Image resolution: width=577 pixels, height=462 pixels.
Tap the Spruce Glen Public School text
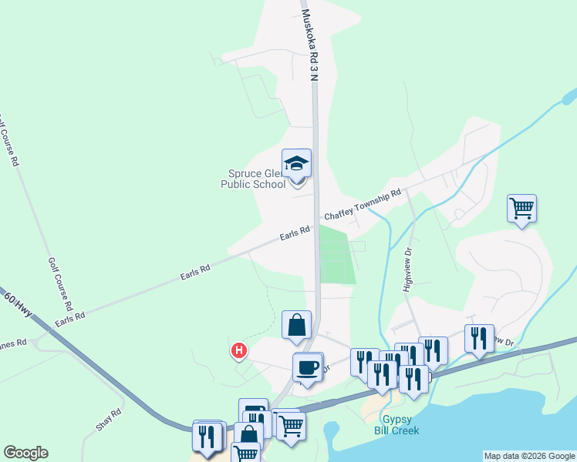point(253,179)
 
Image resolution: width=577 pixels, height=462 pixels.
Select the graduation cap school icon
point(296,165)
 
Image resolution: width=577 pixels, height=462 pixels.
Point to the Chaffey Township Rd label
point(363,204)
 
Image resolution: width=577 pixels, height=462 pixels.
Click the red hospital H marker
point(239,351)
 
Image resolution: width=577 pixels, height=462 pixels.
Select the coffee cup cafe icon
point(308,367)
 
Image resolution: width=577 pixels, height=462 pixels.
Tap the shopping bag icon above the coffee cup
point(297,326)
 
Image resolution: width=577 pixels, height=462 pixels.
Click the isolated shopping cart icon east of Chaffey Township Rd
point(521,209)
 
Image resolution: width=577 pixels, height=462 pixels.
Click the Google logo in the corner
point(25,453)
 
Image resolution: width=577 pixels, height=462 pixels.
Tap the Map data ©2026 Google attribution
point(529,456)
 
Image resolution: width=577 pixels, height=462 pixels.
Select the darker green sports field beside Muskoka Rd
point(336,255)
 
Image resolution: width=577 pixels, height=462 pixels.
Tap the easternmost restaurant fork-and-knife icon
point(479,339)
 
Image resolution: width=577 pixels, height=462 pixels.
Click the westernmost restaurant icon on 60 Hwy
point(206,436)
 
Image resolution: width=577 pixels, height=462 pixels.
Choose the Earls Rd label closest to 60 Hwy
point(69,316)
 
